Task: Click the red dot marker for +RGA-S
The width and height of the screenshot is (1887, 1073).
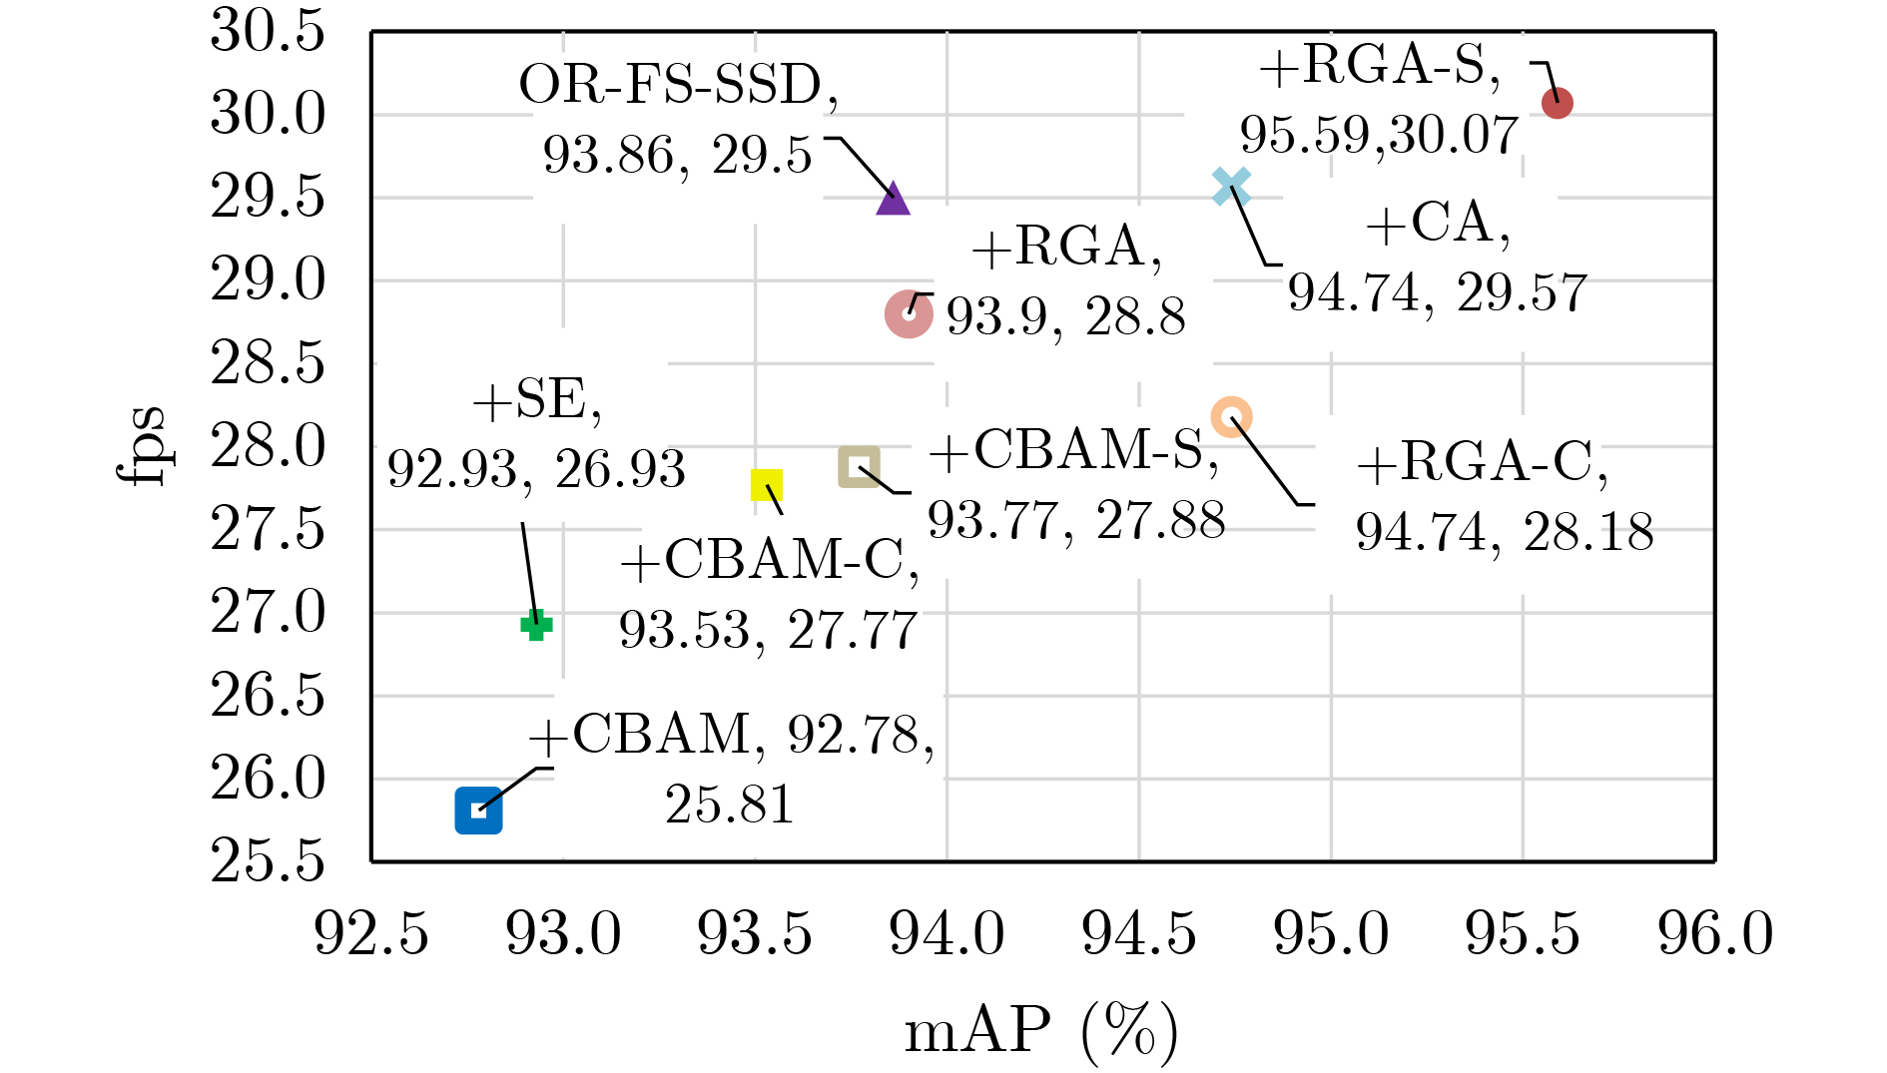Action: coord(1557,103)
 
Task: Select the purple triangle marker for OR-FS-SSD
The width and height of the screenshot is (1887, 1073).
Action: coord(893,200)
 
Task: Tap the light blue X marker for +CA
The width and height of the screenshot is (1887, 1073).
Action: coord(1231,187)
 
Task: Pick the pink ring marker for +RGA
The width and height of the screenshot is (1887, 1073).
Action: coord(909,314)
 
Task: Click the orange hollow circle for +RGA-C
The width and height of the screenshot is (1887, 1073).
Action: coord(1231,416)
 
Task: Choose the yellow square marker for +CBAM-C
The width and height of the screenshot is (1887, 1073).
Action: coord(767,485)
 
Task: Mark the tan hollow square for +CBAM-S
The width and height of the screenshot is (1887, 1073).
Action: coord(859,466)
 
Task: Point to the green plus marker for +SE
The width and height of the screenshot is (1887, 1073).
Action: coord(536,626)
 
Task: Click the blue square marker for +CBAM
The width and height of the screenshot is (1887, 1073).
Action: coord(478,810)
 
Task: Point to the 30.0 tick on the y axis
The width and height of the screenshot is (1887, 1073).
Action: coord(268,114)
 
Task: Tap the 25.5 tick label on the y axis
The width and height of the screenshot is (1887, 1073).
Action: coord(268,860)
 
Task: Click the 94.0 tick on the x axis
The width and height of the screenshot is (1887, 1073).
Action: coord(946,934)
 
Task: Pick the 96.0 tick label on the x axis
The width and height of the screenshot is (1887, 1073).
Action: coord(1714,934)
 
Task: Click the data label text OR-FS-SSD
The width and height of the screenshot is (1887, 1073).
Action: coord(678,86)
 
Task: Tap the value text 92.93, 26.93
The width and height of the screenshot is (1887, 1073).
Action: coord(536,469)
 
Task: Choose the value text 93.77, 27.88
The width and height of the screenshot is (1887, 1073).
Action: coord(1076,520)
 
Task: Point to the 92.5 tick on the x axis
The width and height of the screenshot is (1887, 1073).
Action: coord(371,934)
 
